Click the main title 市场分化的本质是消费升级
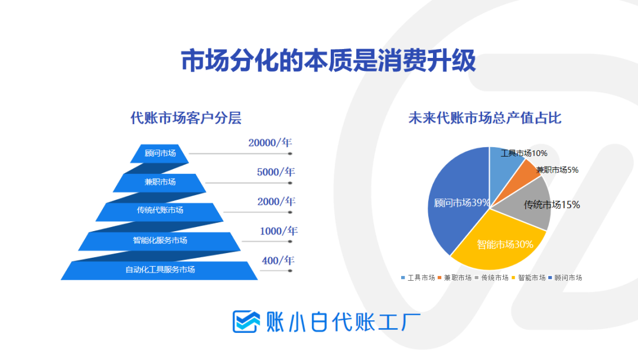(x=328, y=61)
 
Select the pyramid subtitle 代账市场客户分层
(x=186, y=118)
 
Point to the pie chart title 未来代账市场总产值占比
(x=485, y=118)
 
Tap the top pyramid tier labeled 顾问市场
(x=159, y=154)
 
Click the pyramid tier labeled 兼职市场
(x=159, y=183)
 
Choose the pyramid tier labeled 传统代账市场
(x=159, y=212)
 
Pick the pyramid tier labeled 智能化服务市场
(x=159, y=241)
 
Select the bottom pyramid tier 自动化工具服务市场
(x=159, y=270)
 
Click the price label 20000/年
(x=270, y=142)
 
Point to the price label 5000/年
(x=276, y=172)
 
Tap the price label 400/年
(x=278, y=260)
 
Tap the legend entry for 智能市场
(x=529, y=278)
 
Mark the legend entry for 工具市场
(x=418, y=278)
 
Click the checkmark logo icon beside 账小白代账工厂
(x=246, y=322)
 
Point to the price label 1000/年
(x=279, y=231)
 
